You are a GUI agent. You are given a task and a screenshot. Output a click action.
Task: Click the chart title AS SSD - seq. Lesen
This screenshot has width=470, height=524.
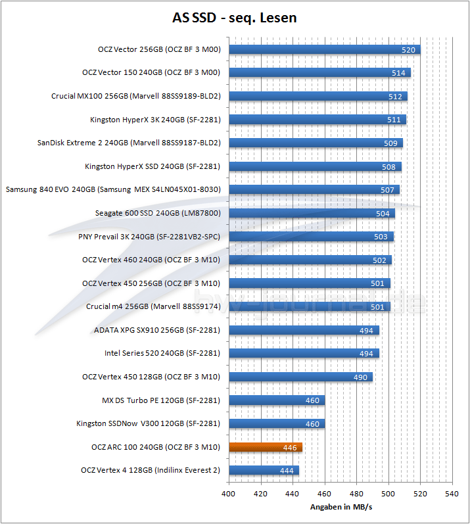(235, 18)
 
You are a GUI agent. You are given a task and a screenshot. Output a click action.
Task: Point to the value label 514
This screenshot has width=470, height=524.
(398, 73)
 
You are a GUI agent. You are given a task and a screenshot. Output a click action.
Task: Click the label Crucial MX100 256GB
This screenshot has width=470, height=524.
(135, 96)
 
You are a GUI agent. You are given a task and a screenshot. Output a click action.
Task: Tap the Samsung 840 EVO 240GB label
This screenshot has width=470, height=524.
(113, 189)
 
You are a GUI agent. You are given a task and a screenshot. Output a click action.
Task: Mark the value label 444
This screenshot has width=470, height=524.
(286, 471)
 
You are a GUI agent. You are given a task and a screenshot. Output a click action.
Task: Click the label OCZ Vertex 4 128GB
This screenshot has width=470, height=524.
(150, 470)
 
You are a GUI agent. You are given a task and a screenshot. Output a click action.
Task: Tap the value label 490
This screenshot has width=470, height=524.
(360, 377)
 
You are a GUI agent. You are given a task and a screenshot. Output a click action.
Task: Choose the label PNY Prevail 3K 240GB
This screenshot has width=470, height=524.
(149, 237)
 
